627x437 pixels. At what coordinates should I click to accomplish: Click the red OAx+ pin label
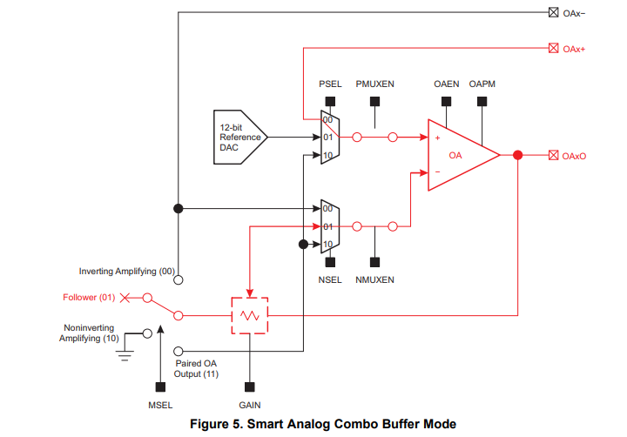click(574, 49)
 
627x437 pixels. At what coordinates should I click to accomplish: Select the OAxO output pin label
click(575, 156)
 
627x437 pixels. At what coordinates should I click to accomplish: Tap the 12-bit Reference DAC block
click(238, 138)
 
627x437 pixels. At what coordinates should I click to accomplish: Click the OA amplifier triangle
click(457, 155)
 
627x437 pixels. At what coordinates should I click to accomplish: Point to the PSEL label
click(330, 84)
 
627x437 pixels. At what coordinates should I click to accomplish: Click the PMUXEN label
click(375, 84)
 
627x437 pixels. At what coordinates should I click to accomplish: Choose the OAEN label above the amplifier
click(447, 84)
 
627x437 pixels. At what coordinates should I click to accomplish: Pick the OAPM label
click(482, 84)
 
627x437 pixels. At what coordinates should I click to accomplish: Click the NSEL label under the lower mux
click(330, 279)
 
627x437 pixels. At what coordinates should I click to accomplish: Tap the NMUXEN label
click(375, 279)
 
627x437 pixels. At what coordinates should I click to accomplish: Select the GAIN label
click(249, 405)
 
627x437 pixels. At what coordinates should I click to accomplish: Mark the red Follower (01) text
click(90, 298)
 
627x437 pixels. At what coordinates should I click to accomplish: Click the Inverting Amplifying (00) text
click(127, 272)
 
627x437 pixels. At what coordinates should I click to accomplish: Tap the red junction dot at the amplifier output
click(518, 155)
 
